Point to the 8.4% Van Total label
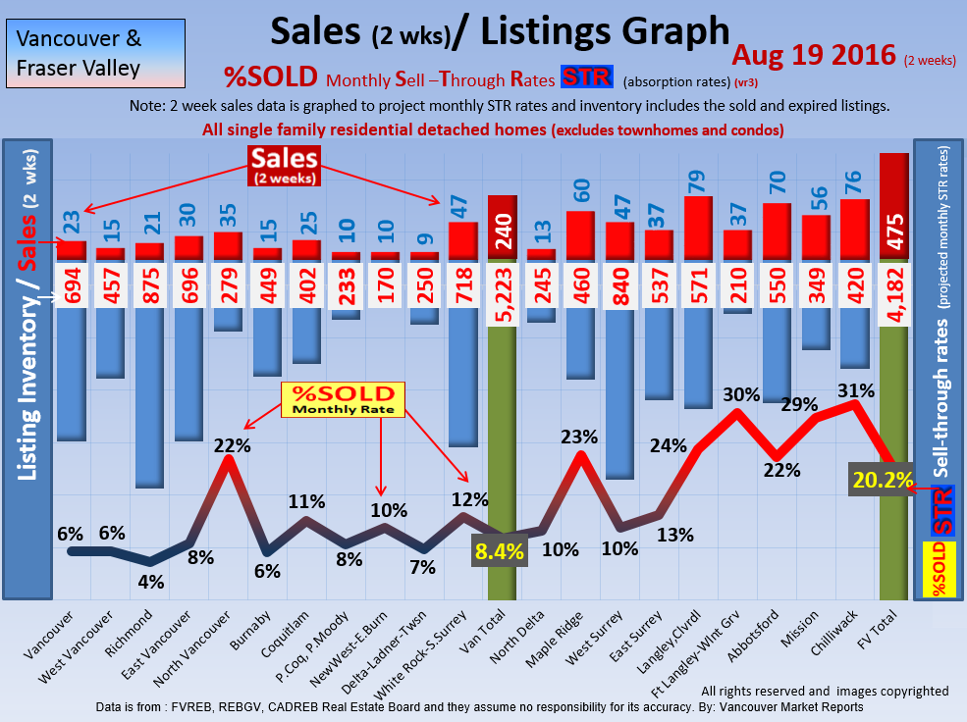pyautogui.click(x=500, y=550)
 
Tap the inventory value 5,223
pyautogui.click(x=502, y=285)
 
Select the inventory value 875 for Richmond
pyautogui.click(x=149, y=285)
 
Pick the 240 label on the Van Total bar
pyautogui.click(x=502, y=227)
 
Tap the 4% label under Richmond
pyautogui.click(x=151, y=581)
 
